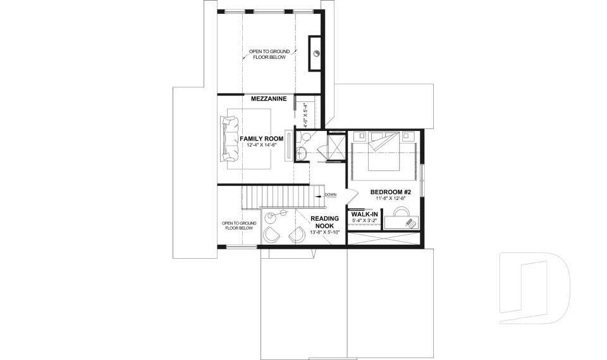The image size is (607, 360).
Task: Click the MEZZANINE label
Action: point(269,99)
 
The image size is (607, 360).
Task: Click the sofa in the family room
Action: point(227,138)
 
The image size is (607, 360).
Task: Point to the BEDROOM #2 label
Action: point(391,192)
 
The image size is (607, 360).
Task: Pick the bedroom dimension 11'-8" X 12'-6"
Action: point(391,198)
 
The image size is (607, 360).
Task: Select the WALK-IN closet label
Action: point(364,214)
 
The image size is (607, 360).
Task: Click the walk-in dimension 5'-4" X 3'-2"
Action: point(364,221)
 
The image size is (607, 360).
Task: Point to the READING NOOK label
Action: point(324,222)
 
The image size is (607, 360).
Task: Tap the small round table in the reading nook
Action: point(271,218)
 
